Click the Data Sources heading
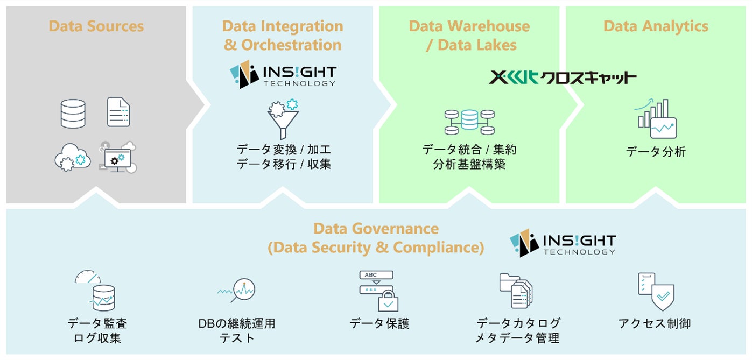coord(96,26)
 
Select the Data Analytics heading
coord(656,26)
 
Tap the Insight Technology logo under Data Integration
coord(283,76)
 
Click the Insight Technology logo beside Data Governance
coord(563,244)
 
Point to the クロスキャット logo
coord(563,77)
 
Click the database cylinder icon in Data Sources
coord(73,114)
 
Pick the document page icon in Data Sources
coord(118,112)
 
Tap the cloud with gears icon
coord(72,157)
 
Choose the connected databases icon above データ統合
coord(469,122)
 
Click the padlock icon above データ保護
coord(388,301)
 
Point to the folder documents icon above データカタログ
coord(516,291)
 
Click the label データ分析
coord(656,152)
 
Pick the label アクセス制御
coord(655,323)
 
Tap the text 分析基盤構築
coord(469,164)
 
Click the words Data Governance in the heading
coord(376,229)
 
